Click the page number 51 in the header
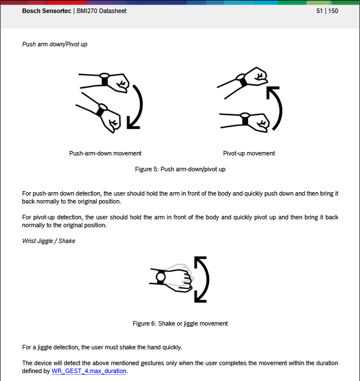click(x=320, y=11)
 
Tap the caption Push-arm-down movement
click(x=105, y=153)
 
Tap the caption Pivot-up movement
click(x=249, y=153)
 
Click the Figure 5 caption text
click(x=180, y=169)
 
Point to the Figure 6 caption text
click(x=180, y=323)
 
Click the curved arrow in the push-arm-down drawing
click(x=136, y=107)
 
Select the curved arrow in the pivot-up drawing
click(x=275, y=107)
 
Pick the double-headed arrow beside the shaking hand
click(x=202, y=279)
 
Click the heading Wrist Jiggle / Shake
click(x=49, y=241)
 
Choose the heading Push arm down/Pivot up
click(x=55, y=44)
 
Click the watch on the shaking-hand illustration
click(x=161, y=277)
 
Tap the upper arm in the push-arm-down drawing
click(x=105, y=80)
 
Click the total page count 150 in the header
click(x=333, y=11)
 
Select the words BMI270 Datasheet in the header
click(x=102, y=11)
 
